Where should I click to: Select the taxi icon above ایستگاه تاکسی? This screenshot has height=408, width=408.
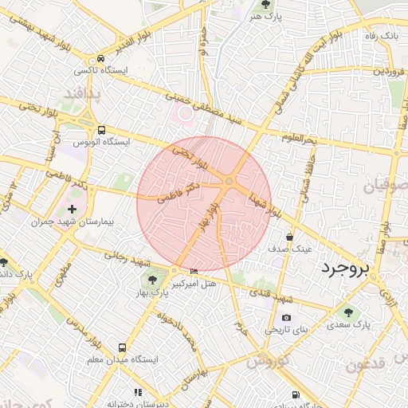tap(100, 58)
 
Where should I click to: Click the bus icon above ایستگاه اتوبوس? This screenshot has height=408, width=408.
tap(100, 130)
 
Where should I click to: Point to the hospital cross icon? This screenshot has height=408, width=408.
tap(72, 208)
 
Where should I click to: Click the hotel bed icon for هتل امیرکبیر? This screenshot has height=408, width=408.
tap(195, 271)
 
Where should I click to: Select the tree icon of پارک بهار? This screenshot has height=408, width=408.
tap(152, 279)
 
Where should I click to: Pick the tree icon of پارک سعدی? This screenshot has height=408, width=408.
tap(348, 312)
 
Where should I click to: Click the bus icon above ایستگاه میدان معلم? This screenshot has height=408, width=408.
tap(122, 348)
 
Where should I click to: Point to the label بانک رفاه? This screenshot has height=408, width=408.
tap(380, 36)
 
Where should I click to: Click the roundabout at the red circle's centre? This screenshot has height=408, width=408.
tap(229, 183)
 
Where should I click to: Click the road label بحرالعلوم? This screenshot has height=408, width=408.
tap(299, 139)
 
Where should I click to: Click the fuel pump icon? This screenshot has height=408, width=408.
tap(296, 394)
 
